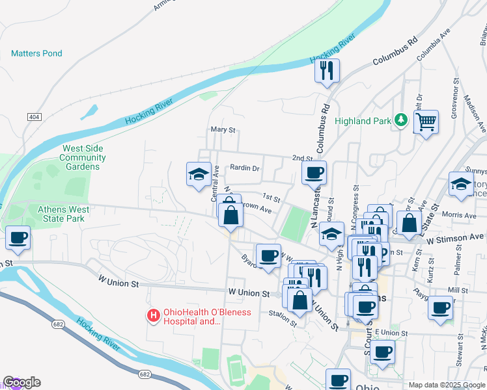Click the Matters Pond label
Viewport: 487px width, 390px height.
point(36,53)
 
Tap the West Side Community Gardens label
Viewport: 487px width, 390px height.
point(83,157)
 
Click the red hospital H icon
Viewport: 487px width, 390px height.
point(154,316)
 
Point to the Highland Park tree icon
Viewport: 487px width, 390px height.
point(402,120)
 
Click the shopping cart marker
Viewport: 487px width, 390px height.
point(426,122)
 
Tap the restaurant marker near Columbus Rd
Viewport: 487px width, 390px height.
point(327,71)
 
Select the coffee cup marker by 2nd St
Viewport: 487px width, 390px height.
point(314,173)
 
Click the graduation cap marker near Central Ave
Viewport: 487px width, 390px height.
point(199,174)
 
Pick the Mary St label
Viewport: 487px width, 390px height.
point(222,130)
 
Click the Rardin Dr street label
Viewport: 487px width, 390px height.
point(245,168)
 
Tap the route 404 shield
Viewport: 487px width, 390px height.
point(34,116)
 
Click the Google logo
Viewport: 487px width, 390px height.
point(21,382)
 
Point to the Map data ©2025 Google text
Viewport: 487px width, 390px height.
point(446,385)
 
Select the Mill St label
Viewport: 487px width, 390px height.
point(458,290)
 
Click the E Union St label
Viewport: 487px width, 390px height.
point(391,333)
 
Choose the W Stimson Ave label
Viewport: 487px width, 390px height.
point(456,238)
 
